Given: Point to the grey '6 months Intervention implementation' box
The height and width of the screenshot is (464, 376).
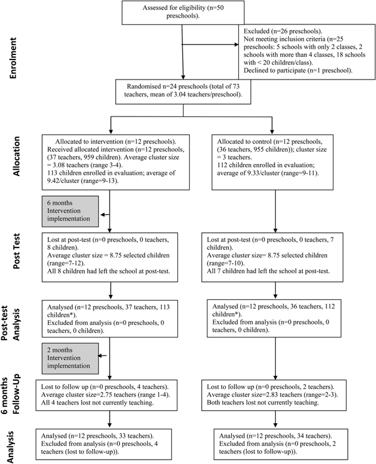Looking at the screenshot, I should (69, 213).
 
